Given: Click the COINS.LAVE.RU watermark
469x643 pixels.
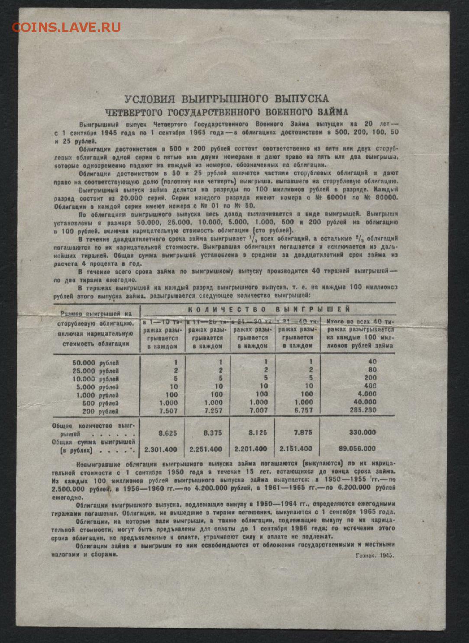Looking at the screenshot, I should click(66, 28).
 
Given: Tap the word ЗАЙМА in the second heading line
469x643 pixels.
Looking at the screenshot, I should click(333, 112).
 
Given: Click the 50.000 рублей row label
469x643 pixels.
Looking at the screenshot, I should click(95, 363).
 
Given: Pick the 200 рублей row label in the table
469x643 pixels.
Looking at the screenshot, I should click(101, 411).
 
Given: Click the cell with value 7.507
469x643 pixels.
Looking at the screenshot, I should click(168, 410).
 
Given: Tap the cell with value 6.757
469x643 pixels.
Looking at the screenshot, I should click(303, 410).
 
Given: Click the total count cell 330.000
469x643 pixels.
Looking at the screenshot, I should click(362, 432).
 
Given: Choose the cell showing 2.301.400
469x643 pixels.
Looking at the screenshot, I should click(160, 449).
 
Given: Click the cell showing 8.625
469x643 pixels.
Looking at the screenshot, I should click(168, 432).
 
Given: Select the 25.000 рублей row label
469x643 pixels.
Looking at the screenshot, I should click(95, 371).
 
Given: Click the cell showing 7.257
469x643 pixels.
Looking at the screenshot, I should click(213, 410).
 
